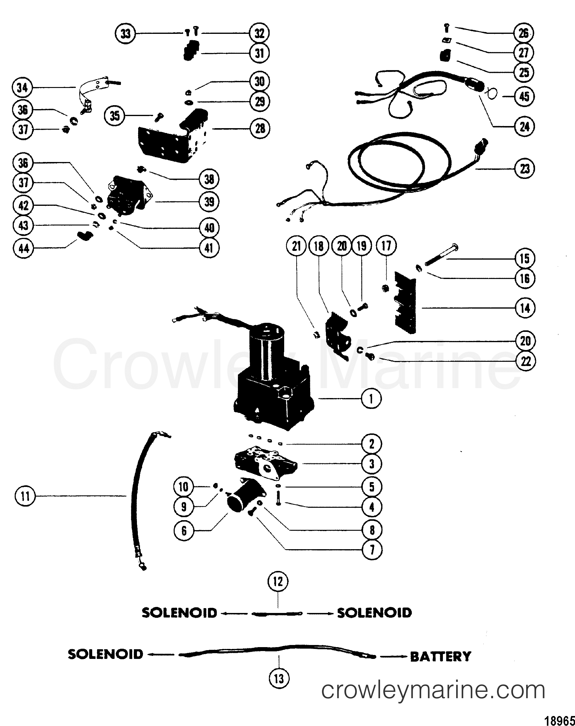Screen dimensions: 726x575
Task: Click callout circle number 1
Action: pos(371,399)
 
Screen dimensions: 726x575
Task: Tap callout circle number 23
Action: pos(525,169)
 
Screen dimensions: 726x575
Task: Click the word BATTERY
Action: pos(440,656)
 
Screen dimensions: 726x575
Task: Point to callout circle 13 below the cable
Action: pos(279,679)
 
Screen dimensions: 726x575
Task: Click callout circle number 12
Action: pos(278,581)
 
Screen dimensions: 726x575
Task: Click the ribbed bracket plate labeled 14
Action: pos(406,303)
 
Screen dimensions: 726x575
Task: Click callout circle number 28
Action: pos(260,128)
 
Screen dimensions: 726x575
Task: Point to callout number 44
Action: pos(23,248)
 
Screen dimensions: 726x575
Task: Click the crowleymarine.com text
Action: pos(433,690)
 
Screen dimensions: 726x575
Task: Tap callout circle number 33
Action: pos(125,33)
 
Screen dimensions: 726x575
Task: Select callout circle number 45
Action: pos(525,97)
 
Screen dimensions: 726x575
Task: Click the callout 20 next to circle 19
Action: pos(342,246)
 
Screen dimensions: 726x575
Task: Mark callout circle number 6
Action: pos(184,531)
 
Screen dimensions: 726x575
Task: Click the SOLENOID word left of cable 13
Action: pos(106,654)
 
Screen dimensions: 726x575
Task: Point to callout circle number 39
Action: pos(209,202)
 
